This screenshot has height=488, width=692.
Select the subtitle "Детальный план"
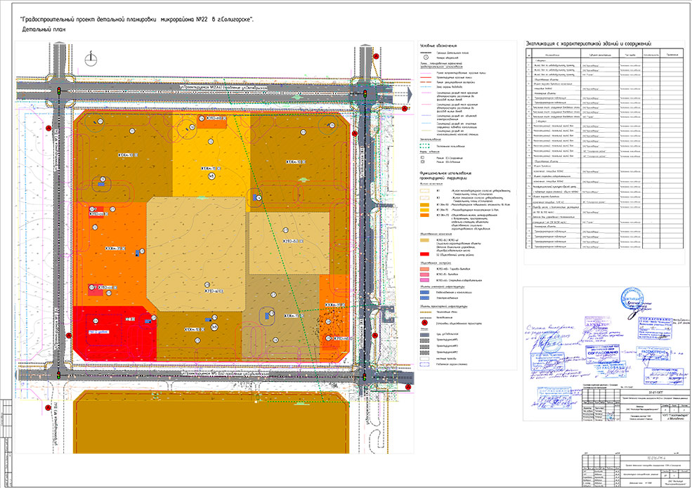tap(44, 31)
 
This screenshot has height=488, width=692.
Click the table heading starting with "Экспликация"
tap(589, 44)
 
